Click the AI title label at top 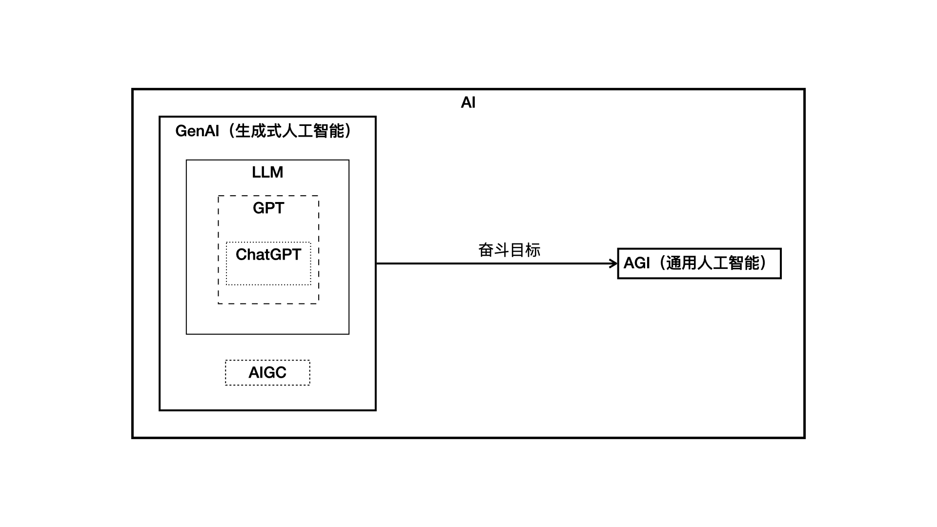468,102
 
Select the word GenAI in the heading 197,131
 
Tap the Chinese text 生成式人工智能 290,131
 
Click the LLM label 267,172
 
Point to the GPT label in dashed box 268,208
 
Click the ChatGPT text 268,254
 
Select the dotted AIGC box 267,373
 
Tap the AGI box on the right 699,263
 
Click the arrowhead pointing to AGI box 614,263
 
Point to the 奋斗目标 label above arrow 509,250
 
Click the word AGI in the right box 637,263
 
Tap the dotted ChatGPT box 268,273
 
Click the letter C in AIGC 280,373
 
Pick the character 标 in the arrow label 533,250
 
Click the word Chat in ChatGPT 251,254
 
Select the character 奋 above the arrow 486,250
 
